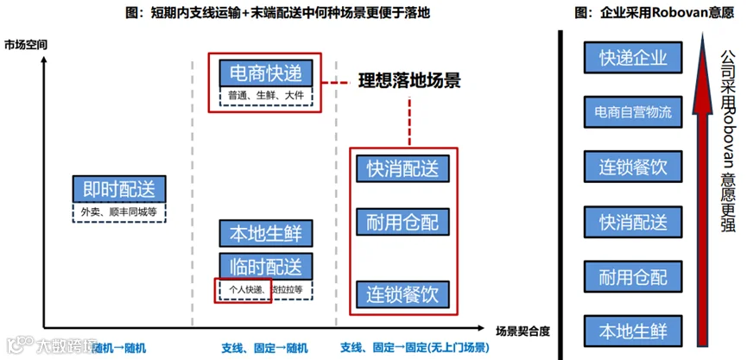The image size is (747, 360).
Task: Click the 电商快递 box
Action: [265, 73]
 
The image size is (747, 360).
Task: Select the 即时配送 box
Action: [118, 189]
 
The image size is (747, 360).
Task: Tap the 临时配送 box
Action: [266, 265]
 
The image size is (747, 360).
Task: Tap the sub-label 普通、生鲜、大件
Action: [266, 96]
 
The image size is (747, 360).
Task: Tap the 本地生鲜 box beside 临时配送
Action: [266, 234]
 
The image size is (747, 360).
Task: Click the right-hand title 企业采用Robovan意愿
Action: [648, 12]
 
